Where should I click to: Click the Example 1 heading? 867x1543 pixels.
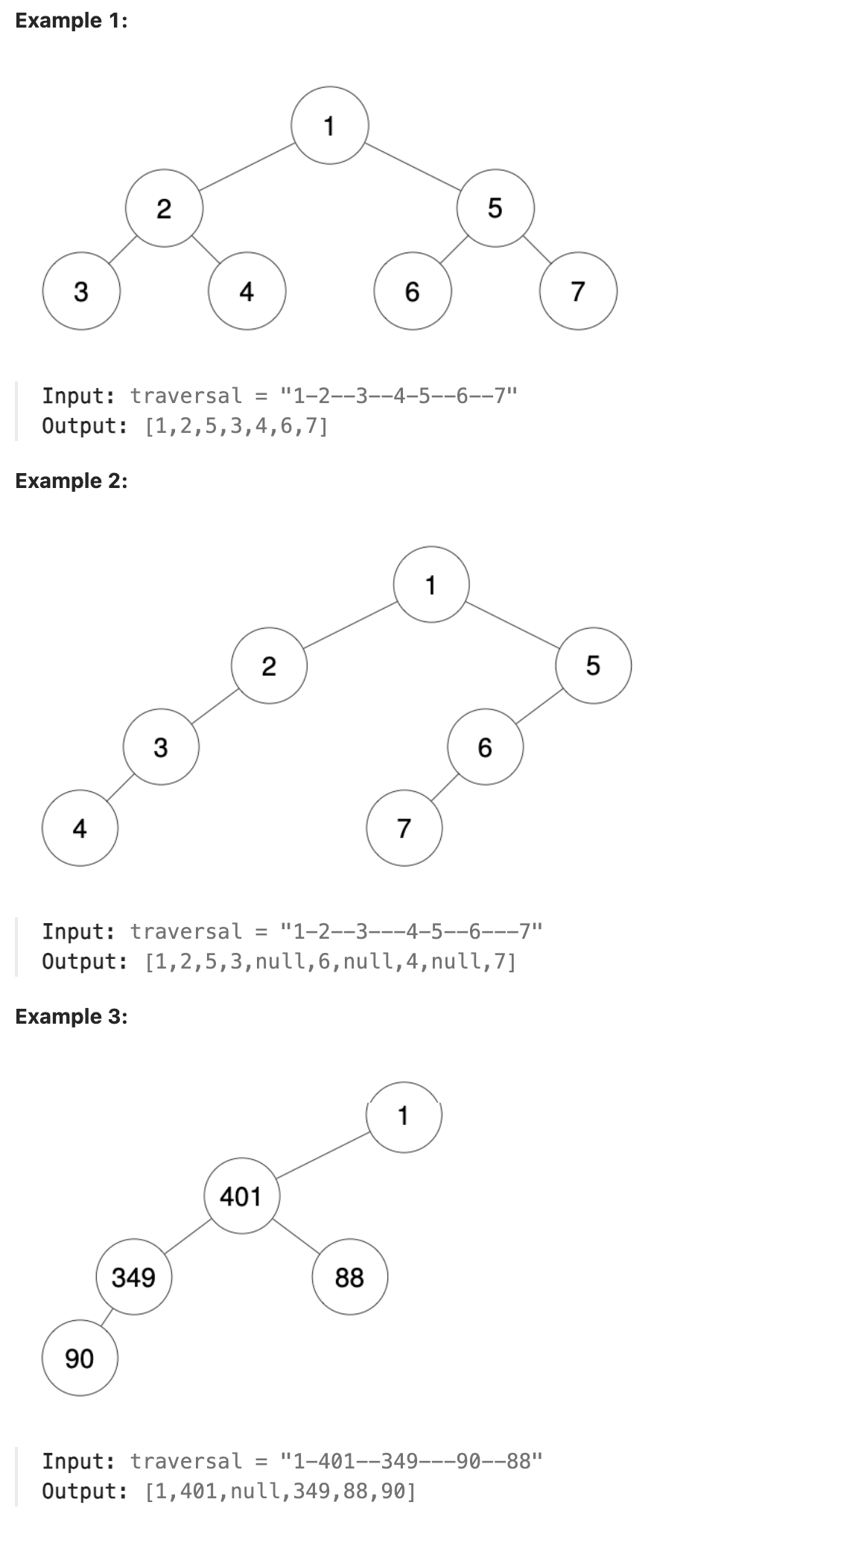[x=72, y=21]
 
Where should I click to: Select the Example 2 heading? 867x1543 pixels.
[x=72, y=481]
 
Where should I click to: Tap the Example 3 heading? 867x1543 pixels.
[x=72, y=1016]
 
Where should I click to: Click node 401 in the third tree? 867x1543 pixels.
[x=241, y=1197]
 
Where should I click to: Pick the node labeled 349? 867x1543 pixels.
[x=134, y=1278]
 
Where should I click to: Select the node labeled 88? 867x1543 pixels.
[x=349, y=1278]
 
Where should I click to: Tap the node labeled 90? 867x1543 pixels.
[x=80, y=1359]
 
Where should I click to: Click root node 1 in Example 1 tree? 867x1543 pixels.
[x=329, y=126]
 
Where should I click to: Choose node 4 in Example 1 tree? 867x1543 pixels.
[x=247, y=291]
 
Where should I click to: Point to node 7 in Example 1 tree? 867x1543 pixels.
[x=578, y=291]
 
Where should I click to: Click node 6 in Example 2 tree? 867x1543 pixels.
[x=485, y=747]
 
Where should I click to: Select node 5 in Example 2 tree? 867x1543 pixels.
[x=593, y=665]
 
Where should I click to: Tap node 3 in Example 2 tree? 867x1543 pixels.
[x=161, y=747]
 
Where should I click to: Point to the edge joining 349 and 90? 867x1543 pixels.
[x=107, y=1317]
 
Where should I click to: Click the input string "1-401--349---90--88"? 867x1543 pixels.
[x=410, y=1461]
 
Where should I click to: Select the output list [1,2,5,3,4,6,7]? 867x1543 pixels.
[x=236, y=427]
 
